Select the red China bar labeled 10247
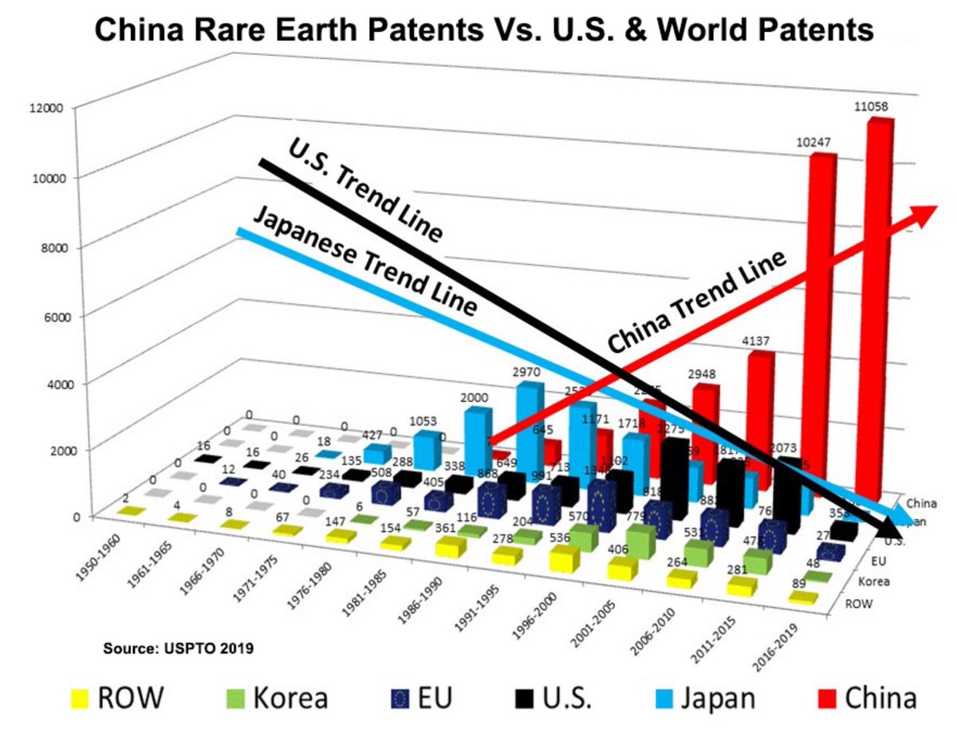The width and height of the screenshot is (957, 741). (x=821, y=319)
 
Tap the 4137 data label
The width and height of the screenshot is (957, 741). (x=756, y=341)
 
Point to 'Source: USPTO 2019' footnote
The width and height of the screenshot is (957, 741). (x=179, y=648)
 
